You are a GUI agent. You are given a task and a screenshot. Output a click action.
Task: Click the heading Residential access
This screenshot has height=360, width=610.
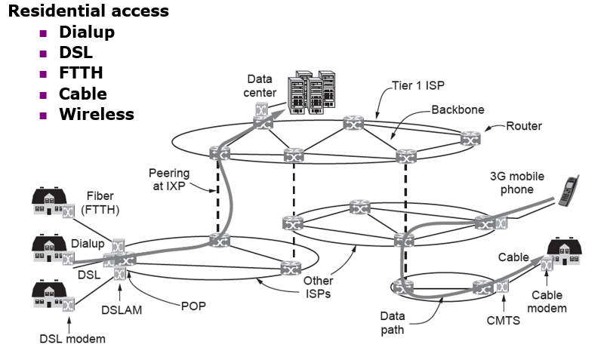tap(88, 12)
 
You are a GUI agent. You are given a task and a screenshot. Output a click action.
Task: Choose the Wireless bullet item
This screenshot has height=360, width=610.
tap(97, 115)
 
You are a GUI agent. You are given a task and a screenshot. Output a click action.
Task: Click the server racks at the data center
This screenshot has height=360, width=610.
tap(310, 91)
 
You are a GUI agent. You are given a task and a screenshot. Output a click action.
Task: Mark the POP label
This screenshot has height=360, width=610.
tap(193, 306)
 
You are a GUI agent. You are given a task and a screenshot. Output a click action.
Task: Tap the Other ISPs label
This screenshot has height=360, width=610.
tap(318, 287)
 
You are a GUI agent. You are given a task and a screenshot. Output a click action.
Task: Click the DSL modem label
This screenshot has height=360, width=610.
tap(72, 339)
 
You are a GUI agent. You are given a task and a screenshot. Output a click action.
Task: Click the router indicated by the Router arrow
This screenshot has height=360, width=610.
tap(471, 138)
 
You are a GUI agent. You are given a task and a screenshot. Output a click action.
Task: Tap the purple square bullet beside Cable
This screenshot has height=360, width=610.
tap(43, 95)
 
